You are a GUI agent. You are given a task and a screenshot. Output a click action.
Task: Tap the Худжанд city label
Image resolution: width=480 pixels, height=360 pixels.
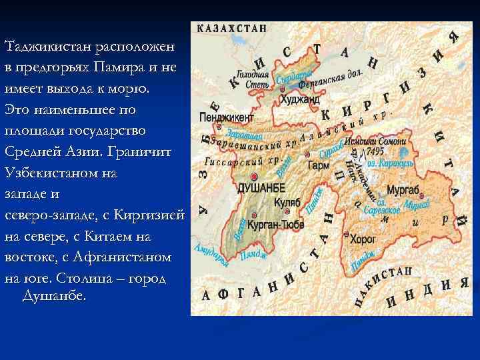point(300,100)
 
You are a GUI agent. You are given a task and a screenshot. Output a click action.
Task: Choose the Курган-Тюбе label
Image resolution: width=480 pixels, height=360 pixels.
point(271,225)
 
